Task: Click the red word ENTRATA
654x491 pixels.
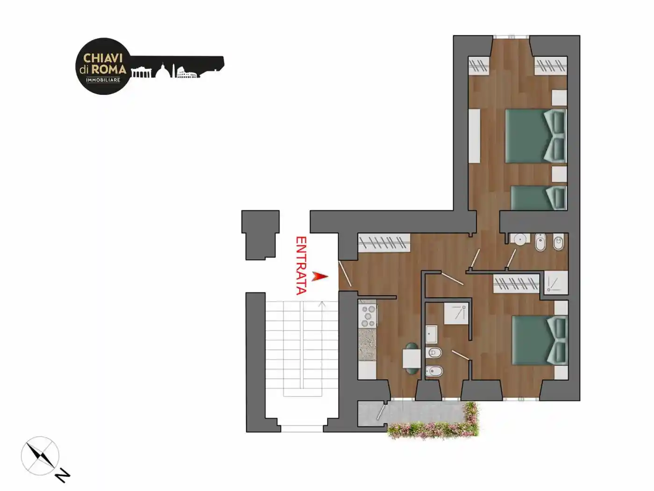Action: (301, 266)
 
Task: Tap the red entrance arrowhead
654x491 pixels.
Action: (320, 276)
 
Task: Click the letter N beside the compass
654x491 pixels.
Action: (63, 477)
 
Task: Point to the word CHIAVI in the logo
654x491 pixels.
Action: (103, 58)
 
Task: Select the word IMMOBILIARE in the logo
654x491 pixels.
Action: (103, 80)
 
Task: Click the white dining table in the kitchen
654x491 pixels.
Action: (412, 359)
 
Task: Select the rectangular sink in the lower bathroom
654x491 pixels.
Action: (432, 334)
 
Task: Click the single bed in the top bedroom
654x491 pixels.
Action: (539, 198)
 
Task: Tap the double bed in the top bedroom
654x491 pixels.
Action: (536, 136)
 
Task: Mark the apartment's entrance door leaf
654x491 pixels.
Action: (345, 274)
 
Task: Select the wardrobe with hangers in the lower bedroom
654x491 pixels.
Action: (516, 283)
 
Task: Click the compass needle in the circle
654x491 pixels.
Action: (40, 455)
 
